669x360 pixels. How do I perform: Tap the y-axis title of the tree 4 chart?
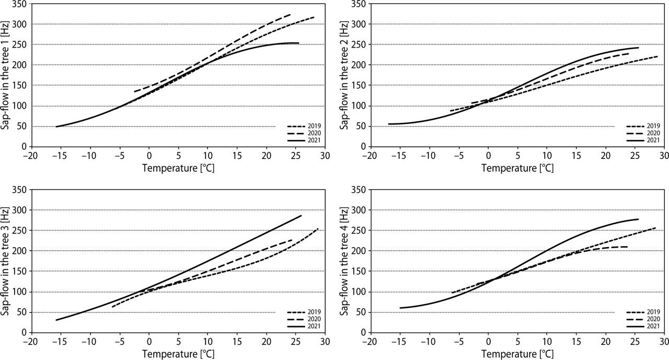click(x=345, y=260)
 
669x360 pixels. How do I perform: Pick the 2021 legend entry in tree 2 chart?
click(x=643, y=140)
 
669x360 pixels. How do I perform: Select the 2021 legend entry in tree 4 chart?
click(x=643, y=326)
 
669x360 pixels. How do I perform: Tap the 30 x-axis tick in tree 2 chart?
click(x=664, y=155)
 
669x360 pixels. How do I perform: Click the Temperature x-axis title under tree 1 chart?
click(x=178, y=168)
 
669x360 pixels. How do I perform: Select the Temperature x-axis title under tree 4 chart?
click(x=517, y=354)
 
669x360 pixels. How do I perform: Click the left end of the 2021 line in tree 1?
click(x=56, y=126)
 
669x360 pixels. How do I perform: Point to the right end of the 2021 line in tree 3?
click(x=302, y=216)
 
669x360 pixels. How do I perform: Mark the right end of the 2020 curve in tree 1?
click(x=291, y=14)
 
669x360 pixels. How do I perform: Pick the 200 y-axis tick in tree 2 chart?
click(x=359, y=65)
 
